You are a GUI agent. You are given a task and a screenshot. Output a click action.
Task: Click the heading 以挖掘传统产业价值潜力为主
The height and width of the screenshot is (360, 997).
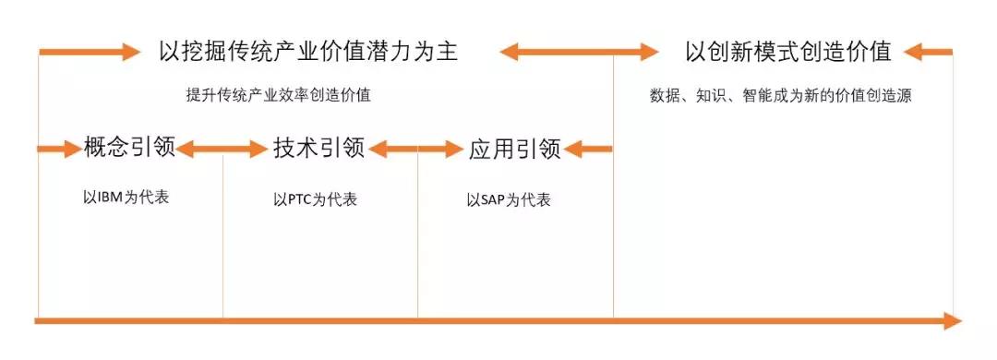[308, 51]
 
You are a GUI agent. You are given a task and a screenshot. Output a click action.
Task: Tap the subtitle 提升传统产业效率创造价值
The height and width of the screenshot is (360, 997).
[278, 95]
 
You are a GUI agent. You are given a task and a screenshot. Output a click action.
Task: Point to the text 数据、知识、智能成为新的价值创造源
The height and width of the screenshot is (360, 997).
[780, 95]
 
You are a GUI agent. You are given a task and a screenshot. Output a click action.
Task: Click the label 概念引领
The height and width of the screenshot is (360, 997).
[129, 148]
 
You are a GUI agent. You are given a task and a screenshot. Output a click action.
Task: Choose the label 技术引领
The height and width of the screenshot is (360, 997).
[318, 148]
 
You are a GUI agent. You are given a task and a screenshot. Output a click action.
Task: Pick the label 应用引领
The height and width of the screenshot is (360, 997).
[514, 149]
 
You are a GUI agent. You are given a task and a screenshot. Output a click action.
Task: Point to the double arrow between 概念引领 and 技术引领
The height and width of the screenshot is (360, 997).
[222, 148]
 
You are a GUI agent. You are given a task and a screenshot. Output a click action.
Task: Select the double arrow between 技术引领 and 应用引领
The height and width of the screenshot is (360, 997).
[416, 148]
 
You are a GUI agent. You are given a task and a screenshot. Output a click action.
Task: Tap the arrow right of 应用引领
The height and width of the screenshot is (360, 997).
[588, 148]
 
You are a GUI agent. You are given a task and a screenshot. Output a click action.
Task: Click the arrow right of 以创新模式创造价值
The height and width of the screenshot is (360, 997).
[928, 52]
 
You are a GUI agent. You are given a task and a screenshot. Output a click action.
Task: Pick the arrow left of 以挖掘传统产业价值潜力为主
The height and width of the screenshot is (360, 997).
[90, 52]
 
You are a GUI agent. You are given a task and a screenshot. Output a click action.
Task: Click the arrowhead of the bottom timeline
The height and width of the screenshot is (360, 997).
[951, 320]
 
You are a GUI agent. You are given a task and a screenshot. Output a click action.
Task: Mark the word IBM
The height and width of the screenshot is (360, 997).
[109, 198]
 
